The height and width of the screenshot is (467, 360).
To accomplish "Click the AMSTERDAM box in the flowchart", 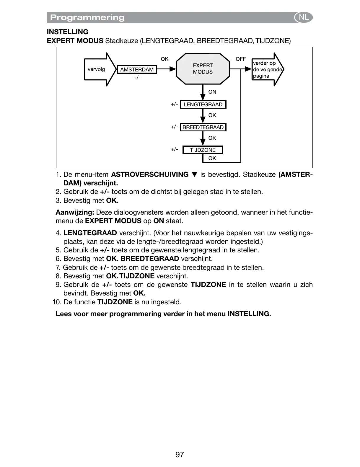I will click(x=137, y=70).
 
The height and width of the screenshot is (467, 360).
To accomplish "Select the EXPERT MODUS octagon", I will click(x=203, y=69).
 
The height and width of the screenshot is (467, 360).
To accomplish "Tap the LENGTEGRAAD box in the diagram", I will click(x=203, y=104).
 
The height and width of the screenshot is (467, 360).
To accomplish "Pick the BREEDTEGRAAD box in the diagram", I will click(x=203, y=127).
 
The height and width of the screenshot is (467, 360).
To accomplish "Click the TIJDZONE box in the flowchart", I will click(x=203, y=150).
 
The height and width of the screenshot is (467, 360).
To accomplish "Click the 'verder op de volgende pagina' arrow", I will click(x=267, y=70).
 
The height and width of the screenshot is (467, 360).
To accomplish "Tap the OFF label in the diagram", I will click(x=240, y=59).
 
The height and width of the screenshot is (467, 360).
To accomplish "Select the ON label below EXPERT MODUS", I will click(x=212, y=92).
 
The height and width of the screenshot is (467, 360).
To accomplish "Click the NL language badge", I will click(x=303, y=17).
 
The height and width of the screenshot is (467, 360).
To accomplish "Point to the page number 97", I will click(x=180, y=454).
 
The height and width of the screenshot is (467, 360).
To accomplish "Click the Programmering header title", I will click(x=87, y=18).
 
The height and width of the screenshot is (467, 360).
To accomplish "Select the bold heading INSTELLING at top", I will click(x=68, y=32).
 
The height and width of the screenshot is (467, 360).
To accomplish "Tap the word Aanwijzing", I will click(x=75, y=212).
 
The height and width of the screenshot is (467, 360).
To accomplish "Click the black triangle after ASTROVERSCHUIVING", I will click(x=194, y=175).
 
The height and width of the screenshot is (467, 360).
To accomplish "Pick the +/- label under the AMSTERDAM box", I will click(x=137, y=78).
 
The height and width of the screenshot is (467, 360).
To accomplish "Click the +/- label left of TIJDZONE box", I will click(x=174, y=149).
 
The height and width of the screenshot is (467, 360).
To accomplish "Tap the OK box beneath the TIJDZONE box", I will click(x=212, y=158).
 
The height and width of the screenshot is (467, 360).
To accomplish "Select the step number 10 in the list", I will click(x=56, y=302).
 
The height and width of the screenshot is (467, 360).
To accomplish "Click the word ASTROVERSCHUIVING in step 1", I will click(x=149, y=175).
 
